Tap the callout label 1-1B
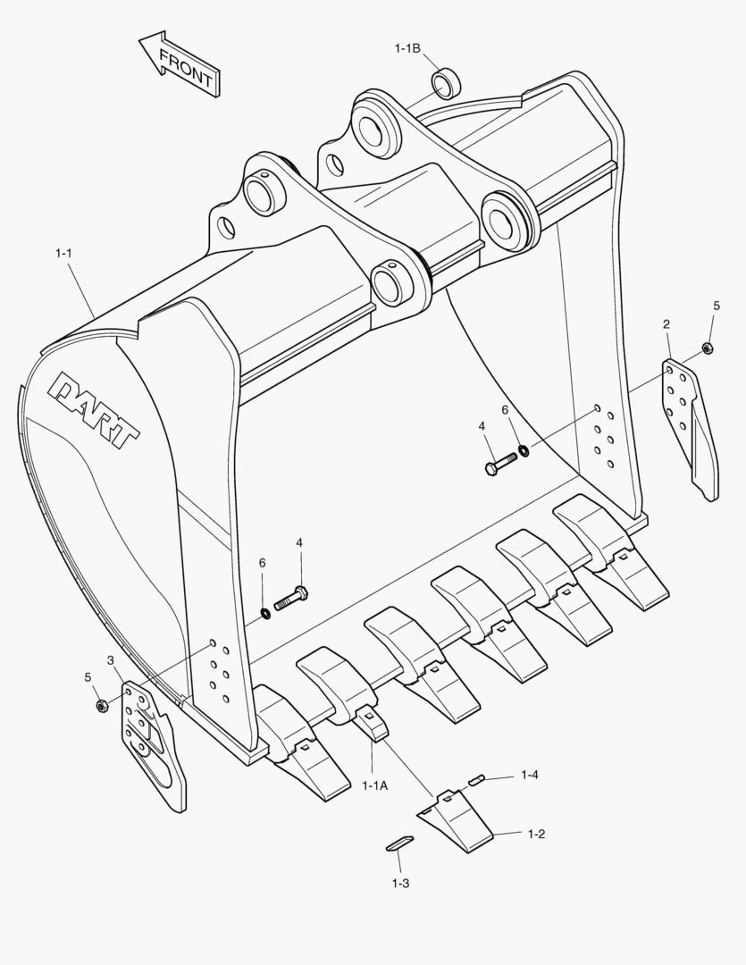408,48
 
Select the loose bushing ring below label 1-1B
447,83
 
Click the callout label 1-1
63,254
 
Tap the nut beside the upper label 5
707,348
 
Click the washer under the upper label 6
524,449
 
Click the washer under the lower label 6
265,612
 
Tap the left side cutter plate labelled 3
154,742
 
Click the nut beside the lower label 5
101,706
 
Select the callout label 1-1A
375,785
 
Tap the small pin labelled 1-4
477,779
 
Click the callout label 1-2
536,834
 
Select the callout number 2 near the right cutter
666,323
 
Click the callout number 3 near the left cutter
110,660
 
